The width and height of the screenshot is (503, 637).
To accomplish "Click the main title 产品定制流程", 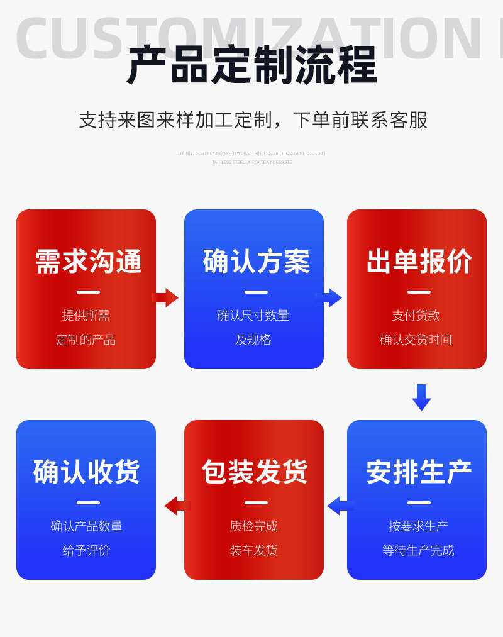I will click(x=251, y=65).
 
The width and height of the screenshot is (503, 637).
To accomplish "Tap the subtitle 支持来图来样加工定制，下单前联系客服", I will click(x=253, y=120).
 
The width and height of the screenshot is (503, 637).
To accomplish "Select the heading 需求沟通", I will click(x=88, y=262).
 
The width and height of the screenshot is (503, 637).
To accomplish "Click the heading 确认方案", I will click(x=256, y=262).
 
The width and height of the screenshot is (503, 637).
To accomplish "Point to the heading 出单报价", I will click(x=419, y=262).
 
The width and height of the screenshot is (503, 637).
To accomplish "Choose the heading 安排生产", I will click(x=419, y=472).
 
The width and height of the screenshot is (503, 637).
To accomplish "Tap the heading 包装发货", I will click(x=255, y=472).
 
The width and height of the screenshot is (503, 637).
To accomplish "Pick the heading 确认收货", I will click(x=87, y=472).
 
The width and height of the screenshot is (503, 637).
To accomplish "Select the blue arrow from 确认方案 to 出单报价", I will click(x=329, y=297).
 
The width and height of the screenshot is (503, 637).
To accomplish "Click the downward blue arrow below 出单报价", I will click(x=421, y=397).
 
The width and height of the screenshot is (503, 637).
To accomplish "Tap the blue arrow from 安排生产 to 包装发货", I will click(x=340, y=506).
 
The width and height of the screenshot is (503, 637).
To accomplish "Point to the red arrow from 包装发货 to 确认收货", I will click(x=177, y=506).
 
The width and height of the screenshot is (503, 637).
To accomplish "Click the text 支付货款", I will click(x=416, y=316).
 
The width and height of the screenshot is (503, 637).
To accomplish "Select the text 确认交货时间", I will click(x=416, y=340).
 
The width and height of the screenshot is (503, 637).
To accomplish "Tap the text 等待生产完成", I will click(x=418, y=551).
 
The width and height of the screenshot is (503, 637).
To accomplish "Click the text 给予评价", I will click(x=87, y=551).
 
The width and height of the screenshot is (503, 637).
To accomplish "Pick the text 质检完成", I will click(x=254, y=526).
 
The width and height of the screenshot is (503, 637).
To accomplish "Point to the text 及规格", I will click(x=253, y=340).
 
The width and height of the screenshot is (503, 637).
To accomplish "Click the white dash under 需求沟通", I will click(x=88, y=292).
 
